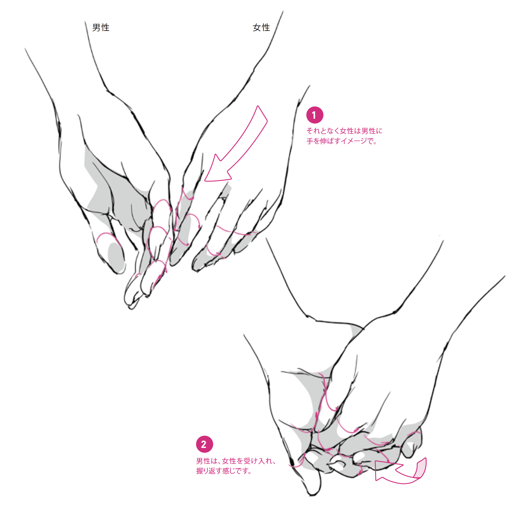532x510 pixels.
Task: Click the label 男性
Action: pos(101,27)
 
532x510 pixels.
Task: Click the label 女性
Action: pos(261,27)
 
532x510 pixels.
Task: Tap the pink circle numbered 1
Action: pos(315,115)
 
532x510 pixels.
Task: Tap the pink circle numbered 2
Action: pos(204,444)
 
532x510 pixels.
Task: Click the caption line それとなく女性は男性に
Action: pos(344,131)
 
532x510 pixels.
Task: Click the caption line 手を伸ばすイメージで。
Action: pos(342,141)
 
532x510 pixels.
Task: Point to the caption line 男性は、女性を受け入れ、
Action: pos(236,461)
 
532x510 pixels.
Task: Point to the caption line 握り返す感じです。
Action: pos(224,471)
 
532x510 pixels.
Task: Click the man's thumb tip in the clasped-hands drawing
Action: pos(313,492)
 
